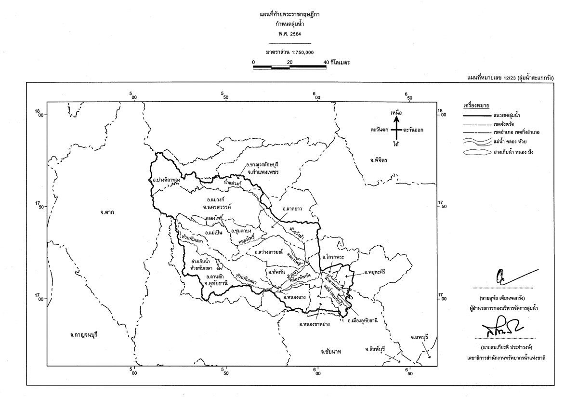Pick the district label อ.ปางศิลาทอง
coord(167,180)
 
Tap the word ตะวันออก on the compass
coord(413,130)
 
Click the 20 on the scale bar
coord(289,62)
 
